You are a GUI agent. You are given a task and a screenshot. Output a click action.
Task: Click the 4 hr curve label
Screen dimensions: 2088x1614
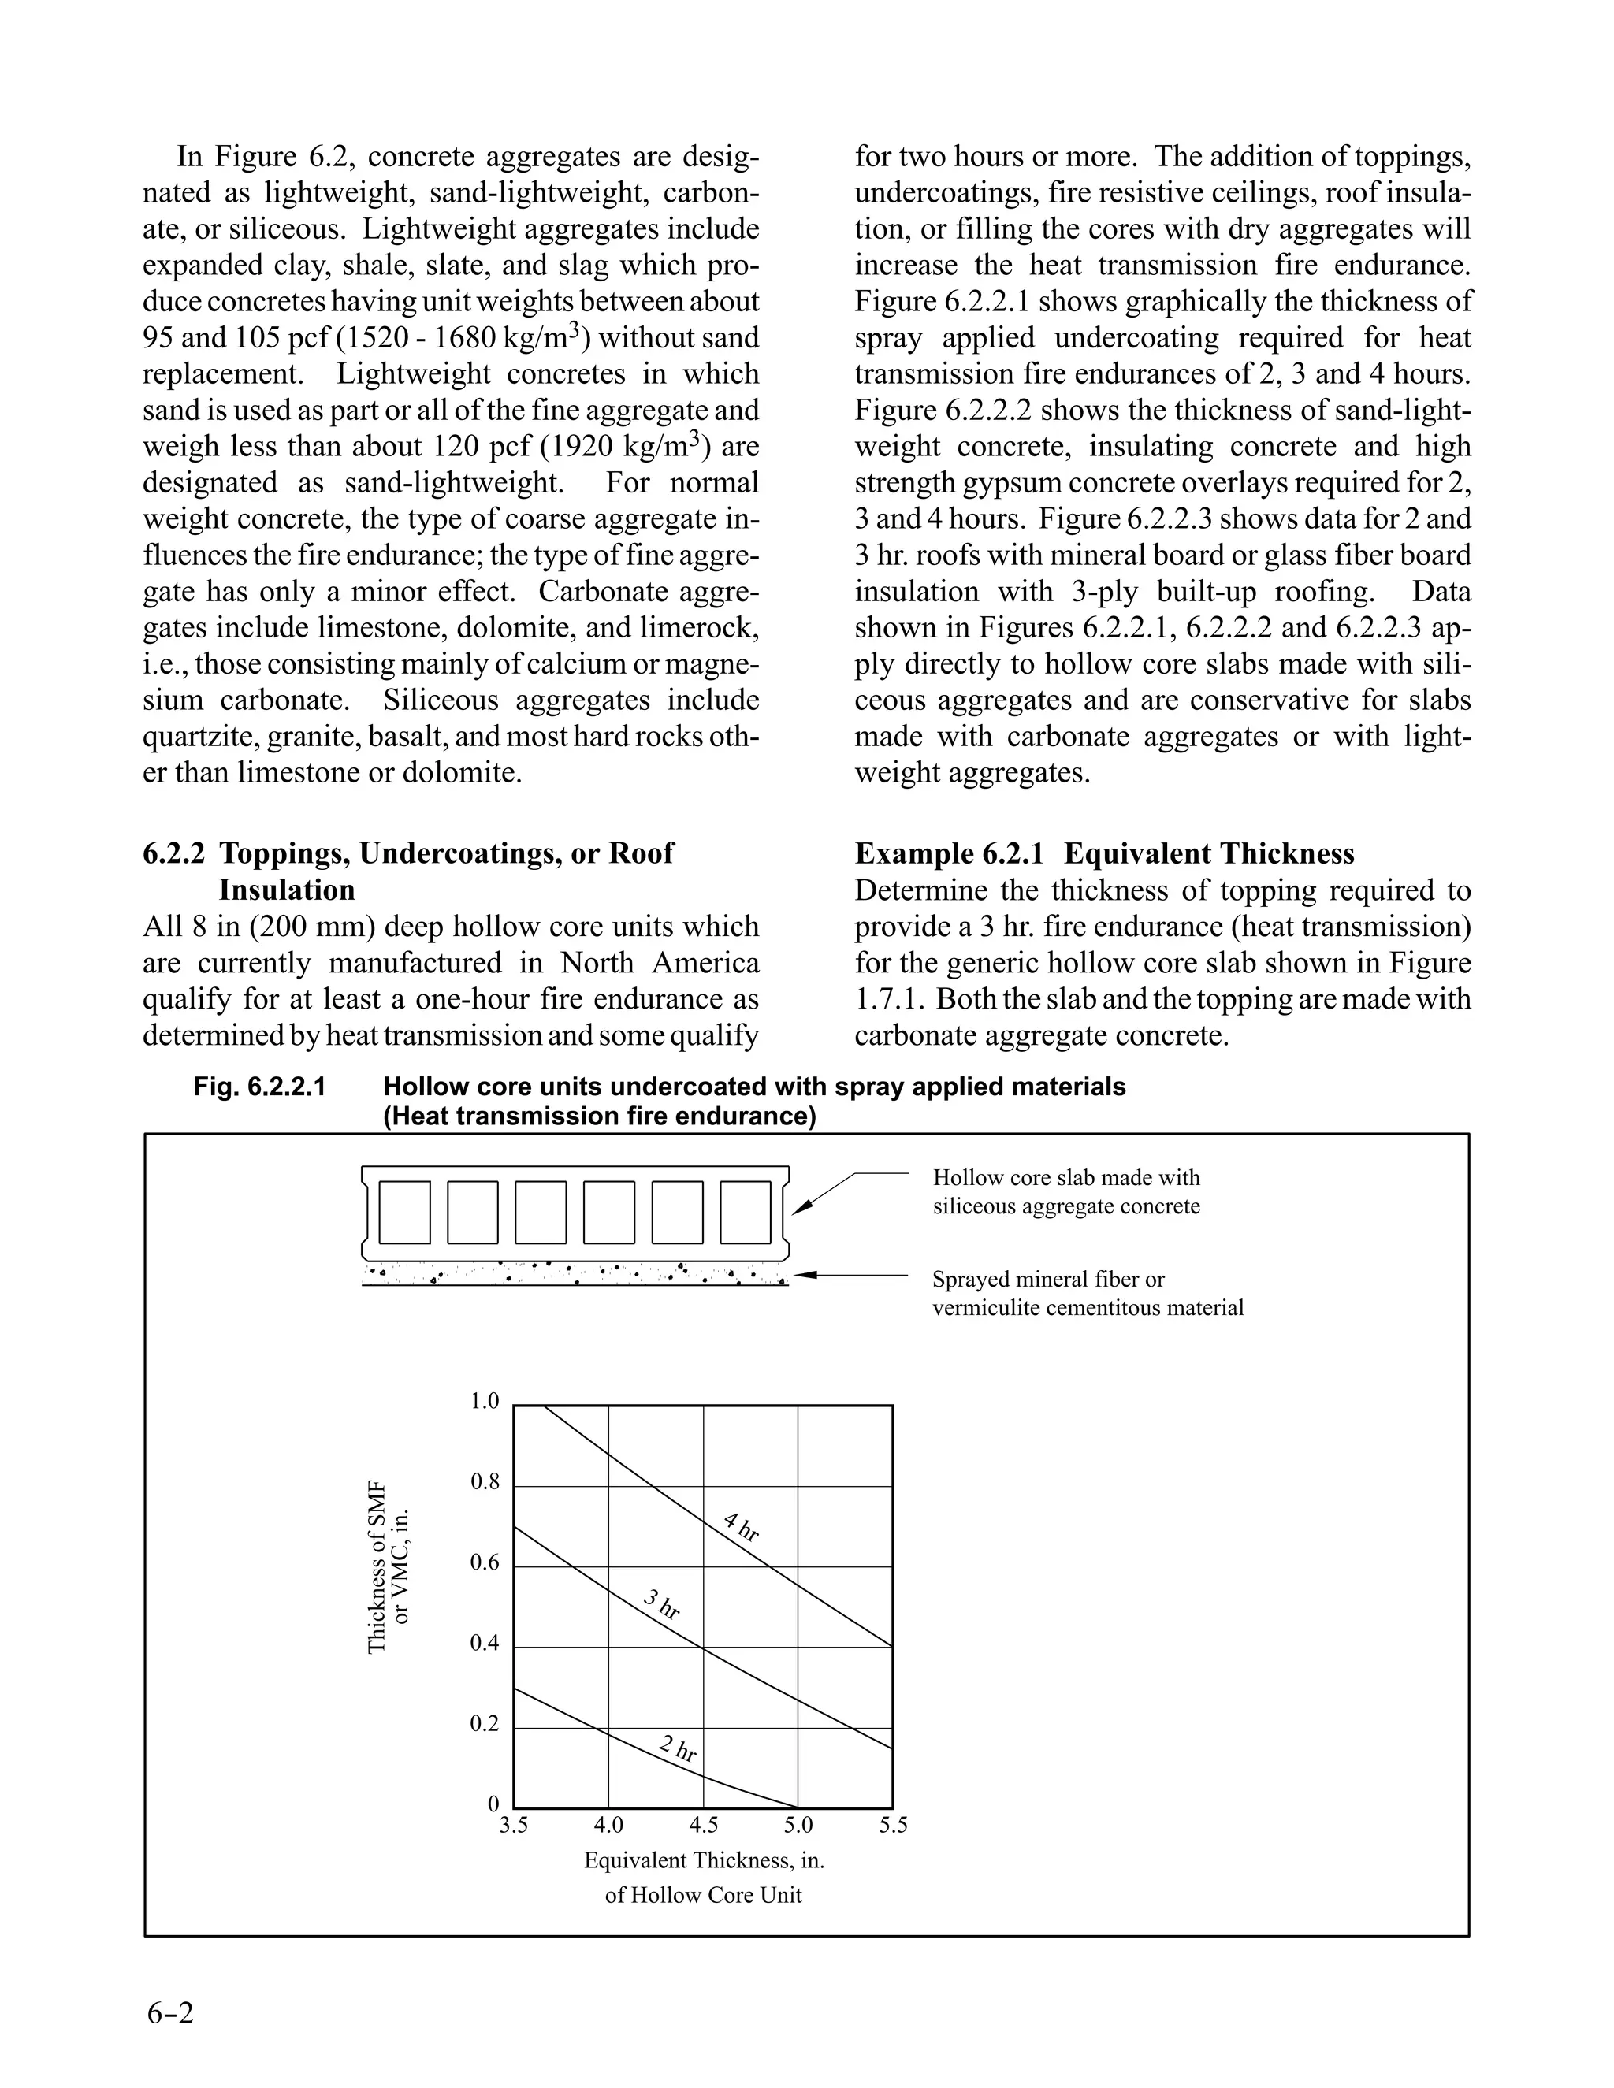(x=741, y=1527)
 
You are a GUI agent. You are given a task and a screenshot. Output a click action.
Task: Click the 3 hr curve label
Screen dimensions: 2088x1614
(x=660, y=1603)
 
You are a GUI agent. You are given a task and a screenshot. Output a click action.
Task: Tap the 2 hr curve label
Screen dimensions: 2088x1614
(x=678, y=1748)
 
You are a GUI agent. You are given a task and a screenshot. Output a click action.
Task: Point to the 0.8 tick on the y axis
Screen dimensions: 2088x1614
(x=485, y=1483)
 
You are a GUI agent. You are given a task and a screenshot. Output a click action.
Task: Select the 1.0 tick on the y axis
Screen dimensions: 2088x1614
(x=485, y=1402)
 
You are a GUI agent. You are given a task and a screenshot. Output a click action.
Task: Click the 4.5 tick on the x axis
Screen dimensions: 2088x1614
(x=703, y=1825)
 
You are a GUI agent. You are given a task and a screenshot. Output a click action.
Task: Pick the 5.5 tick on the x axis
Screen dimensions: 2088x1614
(x=893, y=1825)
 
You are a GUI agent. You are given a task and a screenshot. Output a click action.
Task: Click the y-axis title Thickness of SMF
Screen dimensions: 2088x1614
(x=377, y=1567)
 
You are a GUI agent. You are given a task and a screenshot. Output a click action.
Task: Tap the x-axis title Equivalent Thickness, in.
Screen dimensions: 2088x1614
(x=704, y=1860)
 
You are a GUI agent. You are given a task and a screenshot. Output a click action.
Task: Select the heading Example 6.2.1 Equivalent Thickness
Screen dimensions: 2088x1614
(x=1104, y=854)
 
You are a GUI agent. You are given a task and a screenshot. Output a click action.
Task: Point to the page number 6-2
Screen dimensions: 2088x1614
(x=171, y=2012)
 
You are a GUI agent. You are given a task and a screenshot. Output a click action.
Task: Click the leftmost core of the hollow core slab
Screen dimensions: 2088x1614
(x=404, y=1213)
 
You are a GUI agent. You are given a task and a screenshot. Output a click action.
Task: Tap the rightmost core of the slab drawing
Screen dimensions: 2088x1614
(x=745, y=1213)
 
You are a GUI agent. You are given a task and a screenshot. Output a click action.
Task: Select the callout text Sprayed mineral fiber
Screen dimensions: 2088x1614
(x=1048, y=1279)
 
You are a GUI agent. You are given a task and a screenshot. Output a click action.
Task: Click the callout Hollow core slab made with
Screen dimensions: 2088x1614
(x=1065, y=1178)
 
